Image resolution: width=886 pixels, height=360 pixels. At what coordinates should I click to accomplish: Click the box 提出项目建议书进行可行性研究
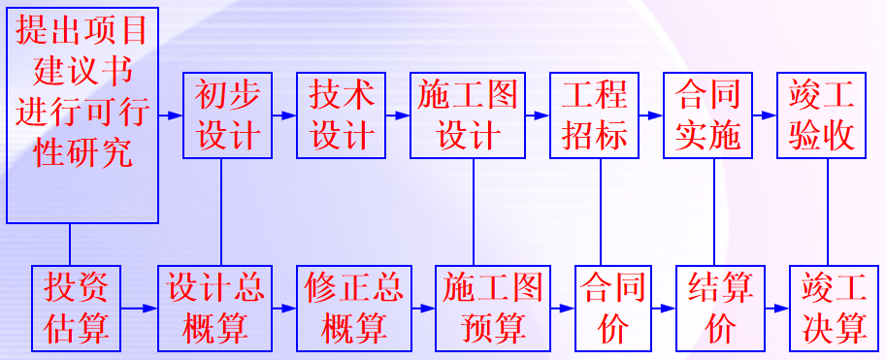point(82,113)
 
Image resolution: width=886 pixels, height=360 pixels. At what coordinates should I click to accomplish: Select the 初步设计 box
point(222,115)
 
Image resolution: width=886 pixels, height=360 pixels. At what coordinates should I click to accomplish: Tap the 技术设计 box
point(342,115)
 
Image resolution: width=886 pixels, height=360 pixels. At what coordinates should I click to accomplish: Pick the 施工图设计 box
point(469,115)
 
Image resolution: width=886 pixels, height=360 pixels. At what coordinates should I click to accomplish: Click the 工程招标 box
point(595,115)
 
